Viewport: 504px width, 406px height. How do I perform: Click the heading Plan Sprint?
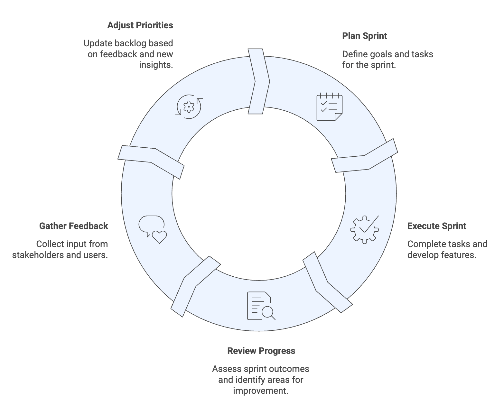pos(364,36)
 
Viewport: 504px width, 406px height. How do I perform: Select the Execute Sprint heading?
pos(436,226)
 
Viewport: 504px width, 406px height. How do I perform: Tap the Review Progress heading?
pos(261,351)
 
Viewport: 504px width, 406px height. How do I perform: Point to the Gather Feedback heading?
pos(73,226)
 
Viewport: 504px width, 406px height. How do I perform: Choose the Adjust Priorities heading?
pos(140,25)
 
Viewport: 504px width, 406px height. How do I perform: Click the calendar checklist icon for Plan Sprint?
pos(329,107)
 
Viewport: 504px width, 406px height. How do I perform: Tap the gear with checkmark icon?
pos(365,229)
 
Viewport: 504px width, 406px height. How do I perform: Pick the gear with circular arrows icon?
pos(189,106)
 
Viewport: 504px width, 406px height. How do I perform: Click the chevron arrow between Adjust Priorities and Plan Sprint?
pos(259,81)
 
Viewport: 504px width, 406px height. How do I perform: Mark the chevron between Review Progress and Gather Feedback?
pos(196,286)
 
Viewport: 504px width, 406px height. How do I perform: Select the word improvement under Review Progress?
pos(260,391)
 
